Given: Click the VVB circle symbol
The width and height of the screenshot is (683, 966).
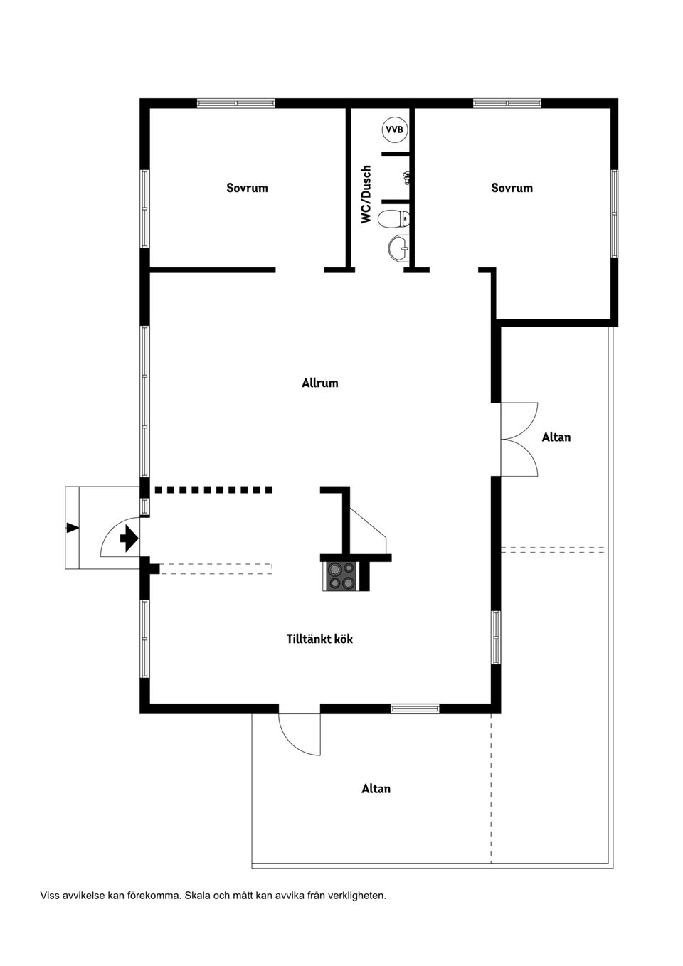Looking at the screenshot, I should point(394,129).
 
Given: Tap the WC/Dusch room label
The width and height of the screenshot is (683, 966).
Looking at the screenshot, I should point(366,194).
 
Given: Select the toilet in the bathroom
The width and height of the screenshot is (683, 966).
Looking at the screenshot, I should point(394,218).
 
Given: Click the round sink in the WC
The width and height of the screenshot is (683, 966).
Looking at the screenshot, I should point(398,249).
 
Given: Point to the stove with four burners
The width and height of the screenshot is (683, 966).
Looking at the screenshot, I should point(341,575).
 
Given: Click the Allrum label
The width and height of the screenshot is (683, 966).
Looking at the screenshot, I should point(319,383).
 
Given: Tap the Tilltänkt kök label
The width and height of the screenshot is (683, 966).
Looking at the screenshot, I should point(319,639).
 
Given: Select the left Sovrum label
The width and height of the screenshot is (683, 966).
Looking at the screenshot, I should point(247,188).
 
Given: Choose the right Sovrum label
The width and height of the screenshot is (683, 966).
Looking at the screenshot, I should point(512,188).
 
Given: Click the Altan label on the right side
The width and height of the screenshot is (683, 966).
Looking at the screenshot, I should point(556,437).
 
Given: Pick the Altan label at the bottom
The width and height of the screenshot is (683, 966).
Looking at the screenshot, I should point(376,788).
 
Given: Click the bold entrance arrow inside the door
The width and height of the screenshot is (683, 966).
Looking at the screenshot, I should point(129,538).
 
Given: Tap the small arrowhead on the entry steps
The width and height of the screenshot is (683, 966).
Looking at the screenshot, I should point(72,527).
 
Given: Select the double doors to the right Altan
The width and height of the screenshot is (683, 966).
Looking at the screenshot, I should point(519,440).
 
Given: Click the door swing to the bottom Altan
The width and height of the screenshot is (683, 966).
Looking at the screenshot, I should point(299,733).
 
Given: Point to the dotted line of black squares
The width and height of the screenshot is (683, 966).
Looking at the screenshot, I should point(213,489).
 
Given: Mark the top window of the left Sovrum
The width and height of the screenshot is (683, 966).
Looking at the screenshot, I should point(235,103).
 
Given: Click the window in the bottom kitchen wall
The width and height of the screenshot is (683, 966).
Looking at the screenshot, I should point(415,708).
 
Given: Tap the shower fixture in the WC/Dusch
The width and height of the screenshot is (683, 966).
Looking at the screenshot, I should point(406,176).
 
